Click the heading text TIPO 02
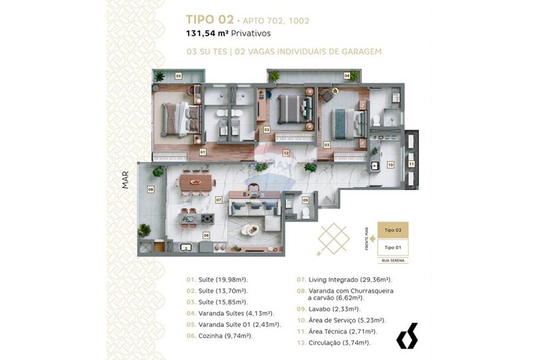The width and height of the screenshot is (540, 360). pyautogui.click(x=210, y=20)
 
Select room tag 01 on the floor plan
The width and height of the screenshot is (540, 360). pyautogui.click(x=202, y=153)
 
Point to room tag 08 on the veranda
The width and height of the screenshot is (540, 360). pyautogui.click(x=151, y=189)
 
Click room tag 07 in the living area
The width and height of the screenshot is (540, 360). pyautogui.click(x=219, y=200)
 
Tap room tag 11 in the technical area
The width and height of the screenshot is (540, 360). pyautogui.click(x=411, y=164)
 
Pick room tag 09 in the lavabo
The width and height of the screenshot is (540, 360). pyautogui.click(x=306, y=200)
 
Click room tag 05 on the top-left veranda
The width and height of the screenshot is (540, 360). pyautogui.click(x=178, y=76)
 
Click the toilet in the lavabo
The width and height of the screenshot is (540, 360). pyautogui.click(x=306, y=213)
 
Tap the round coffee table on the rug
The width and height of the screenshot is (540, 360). pyautogui.click(x=250, y=229)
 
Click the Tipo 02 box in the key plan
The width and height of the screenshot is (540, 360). pyautogui.click(x=393, y=230)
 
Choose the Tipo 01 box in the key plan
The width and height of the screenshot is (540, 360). pyautogui.click(x=393, y=247)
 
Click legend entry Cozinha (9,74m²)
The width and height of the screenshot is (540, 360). pyautogui.click(x=219, y=335)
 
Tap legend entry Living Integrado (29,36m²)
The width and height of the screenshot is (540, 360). pyautogui.click(x=344, y=280)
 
